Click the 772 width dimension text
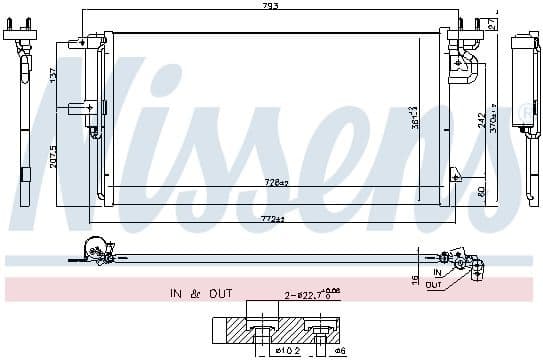273,217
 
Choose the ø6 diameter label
340,351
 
